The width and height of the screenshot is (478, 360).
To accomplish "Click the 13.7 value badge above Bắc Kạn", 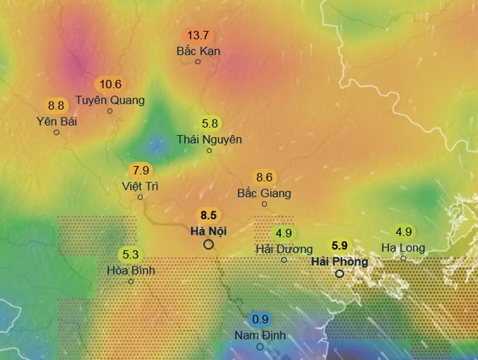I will (198, 36).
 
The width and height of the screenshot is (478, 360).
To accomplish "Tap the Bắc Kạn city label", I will (198, 52).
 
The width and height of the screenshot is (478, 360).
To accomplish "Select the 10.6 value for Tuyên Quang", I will (110, 84).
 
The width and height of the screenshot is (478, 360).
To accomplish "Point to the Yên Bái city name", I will (57, 121).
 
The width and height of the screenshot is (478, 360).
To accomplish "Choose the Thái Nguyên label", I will (209, 140).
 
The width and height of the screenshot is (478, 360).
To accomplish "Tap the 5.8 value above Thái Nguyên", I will (210, 124).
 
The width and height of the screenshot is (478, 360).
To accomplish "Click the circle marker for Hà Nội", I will (209, 244).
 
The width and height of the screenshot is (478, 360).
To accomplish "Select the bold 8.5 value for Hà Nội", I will (208, 216).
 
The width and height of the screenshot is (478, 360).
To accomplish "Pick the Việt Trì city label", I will (140, 186).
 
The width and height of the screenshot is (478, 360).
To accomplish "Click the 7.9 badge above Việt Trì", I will (141, 171).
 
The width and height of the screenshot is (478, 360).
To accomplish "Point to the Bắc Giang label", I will (264, 193).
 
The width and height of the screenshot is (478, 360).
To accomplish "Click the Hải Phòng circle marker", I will (339, 274).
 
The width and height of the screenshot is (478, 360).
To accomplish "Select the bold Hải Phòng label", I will (339, 262).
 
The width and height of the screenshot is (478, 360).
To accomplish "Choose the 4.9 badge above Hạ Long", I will (404, 232).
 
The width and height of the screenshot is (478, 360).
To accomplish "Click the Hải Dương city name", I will (284, 248).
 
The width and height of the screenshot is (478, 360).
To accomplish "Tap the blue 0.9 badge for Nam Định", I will (260, 320).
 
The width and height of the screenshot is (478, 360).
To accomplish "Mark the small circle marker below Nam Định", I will (260, 347).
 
